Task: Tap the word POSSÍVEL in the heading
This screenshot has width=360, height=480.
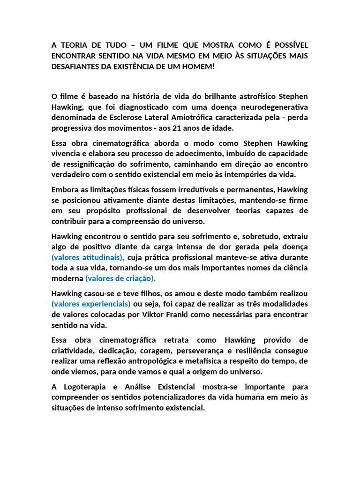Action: (x=288, y=45)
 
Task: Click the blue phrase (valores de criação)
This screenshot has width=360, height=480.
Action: (x=120, y=278)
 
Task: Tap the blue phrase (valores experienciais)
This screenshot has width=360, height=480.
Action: (x=91, y=304)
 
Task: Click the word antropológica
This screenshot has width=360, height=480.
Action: (x=160, y=361)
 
